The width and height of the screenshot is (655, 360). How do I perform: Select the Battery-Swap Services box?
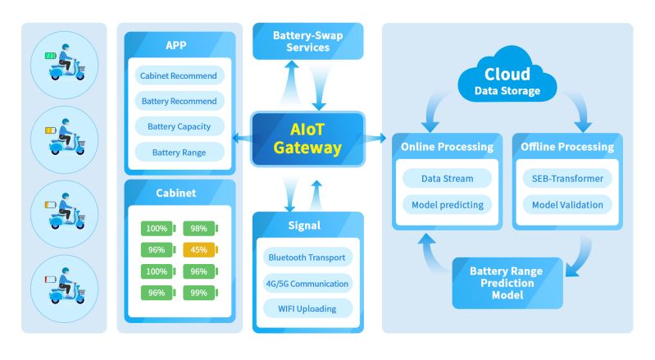pyautogui.click(x=307, y=41)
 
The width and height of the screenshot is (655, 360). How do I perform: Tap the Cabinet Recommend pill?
pyautogui.click(x=179, y=76)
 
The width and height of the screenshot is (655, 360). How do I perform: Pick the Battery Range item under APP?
pyautogui.click(x=179, y=152)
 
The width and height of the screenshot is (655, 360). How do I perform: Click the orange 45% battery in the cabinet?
pyautogui.click(x=199, y=249)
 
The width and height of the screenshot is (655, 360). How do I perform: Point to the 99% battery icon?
pyautogui.click(x=199, y=292)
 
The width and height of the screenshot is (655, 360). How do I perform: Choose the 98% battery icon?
pyautogui.click(x=199, y=228)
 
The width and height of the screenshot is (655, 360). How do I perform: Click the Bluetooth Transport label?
pyautogui.click(x=307, y=257)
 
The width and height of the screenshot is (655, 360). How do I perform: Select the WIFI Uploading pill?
pyautogui.click(x=307, y=308)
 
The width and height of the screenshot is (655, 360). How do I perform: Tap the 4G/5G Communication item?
pyautogui.click(x=307, y=283)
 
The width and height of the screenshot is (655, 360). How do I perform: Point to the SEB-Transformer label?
pyautogui.click(x=567, y=178)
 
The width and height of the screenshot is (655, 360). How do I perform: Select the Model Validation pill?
pyautogui.click(x=567, y=204)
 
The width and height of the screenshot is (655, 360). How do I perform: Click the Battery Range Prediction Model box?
pyautogui.click(x=508, y=283)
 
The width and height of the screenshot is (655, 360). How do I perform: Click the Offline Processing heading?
pyautogui.click(x=567, y=147)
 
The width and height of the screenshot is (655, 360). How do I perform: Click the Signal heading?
pyautogui.click(x=307, y=226)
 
